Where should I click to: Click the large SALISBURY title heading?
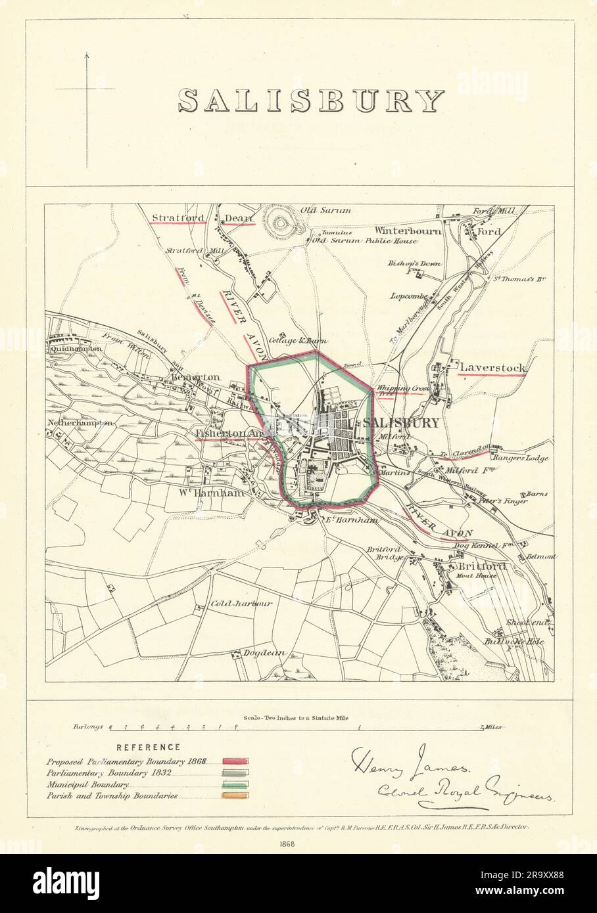(x=311, y=100)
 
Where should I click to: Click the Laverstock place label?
(x=493, y=368)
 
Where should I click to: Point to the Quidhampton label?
(x=74, y=348)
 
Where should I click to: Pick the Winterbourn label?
(x=408, y=231)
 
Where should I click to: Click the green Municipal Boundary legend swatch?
(x=234, y=784)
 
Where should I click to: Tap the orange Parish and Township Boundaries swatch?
(x=234, y=796)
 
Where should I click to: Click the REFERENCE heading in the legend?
(x=148, y=747)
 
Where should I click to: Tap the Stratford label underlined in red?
(x=176, y=217)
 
